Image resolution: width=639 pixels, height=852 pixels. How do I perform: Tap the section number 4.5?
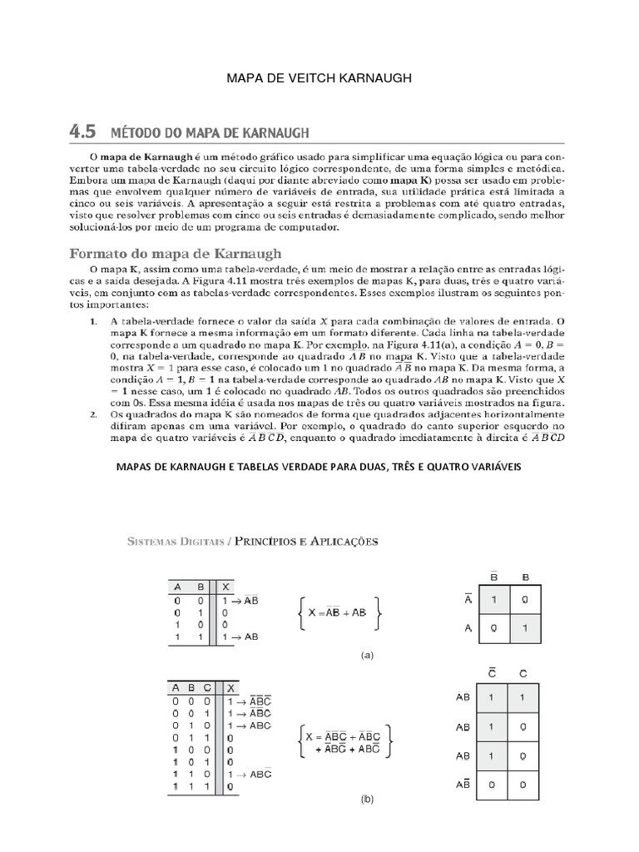[82, 131]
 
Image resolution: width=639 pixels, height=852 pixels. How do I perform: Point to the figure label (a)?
[367, 655]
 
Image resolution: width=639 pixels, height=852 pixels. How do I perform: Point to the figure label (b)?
[367, 800]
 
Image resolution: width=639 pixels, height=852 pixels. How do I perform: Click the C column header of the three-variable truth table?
[207, 688]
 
